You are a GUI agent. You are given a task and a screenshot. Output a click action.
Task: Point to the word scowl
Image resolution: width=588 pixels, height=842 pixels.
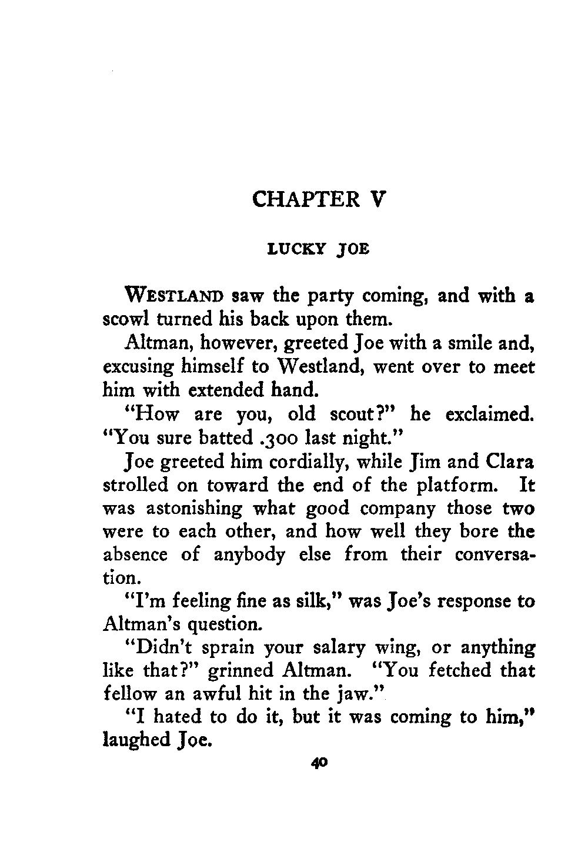120,320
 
